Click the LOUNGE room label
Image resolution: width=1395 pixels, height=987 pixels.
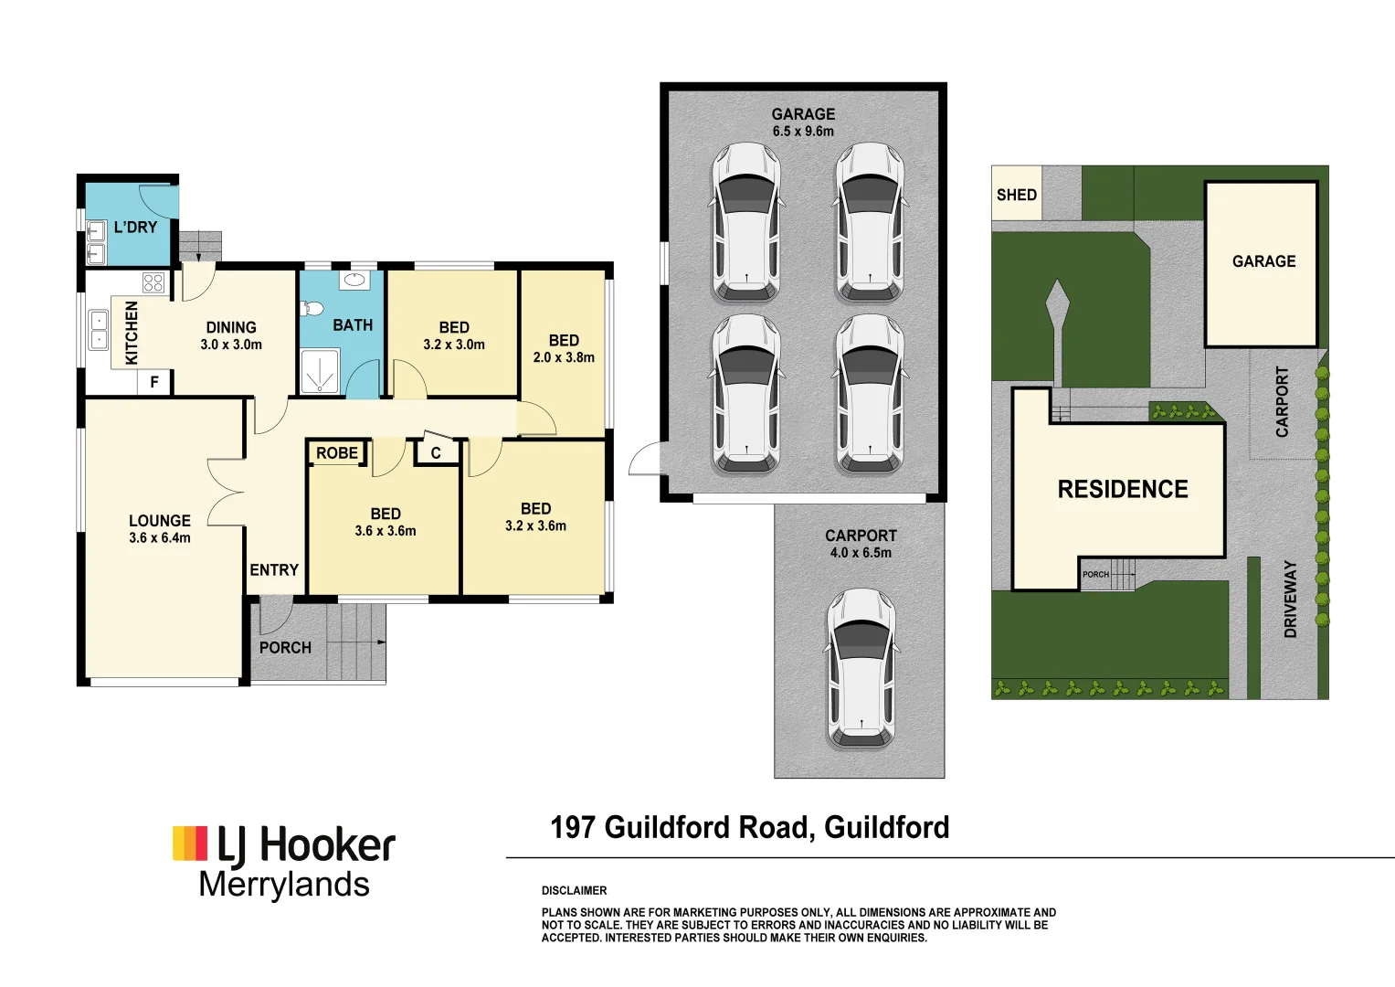(160, 521)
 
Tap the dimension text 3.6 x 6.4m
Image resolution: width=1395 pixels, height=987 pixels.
(160, 538)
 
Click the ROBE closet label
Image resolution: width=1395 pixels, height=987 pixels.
(337, 453)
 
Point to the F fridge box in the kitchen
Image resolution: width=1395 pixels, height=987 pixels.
(154, 382)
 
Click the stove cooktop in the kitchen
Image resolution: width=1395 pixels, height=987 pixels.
(153, 282)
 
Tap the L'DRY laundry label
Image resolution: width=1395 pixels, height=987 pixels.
(135, 228)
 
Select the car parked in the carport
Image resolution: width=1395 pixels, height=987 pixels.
(861, 666)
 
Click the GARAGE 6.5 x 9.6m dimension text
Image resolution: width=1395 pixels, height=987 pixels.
(803, 132)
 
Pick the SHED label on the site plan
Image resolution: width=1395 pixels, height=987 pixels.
(1016, 195)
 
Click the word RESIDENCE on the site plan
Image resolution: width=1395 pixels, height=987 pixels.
(1123, 490)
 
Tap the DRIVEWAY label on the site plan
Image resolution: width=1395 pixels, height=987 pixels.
(1290, 599)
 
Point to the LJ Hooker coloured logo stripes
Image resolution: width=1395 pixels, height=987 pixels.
(190, 844)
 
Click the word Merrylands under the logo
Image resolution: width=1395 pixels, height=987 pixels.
(284, 885)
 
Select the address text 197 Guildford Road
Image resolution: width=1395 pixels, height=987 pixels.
(680, 828)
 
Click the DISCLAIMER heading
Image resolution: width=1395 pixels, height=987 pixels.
(574, 890)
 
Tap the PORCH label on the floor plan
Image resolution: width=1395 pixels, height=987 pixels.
(285, 648)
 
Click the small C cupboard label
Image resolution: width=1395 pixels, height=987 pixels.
(436, 453)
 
